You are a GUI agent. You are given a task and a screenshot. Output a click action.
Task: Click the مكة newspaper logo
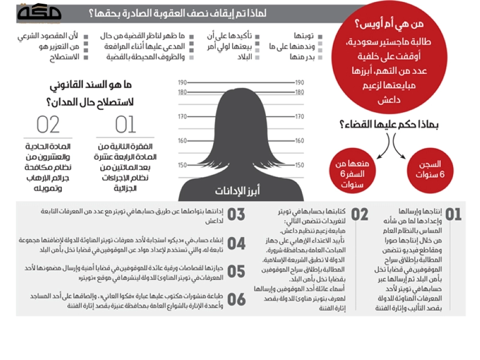(39, 13)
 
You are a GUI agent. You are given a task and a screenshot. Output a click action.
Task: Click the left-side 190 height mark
(182, 83)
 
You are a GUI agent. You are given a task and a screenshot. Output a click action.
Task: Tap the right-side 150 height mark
(300, 165)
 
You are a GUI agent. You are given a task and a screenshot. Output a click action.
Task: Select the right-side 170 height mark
(300, 116)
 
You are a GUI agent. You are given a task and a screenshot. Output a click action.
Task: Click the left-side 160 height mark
(182, 141)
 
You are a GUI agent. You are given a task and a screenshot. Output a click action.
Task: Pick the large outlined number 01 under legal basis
(125, 124)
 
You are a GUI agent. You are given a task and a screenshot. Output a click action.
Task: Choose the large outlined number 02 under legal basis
(48, 124)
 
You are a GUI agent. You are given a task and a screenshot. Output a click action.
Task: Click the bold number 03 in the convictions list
(236, 215)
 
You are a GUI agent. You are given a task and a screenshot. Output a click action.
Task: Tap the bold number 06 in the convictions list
(236, 300)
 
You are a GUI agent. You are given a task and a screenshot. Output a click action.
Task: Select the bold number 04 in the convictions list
(236, 244)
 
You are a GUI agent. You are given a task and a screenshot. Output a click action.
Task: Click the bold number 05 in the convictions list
(236, 272)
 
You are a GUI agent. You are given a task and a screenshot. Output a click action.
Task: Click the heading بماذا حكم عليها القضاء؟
(390, 124)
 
